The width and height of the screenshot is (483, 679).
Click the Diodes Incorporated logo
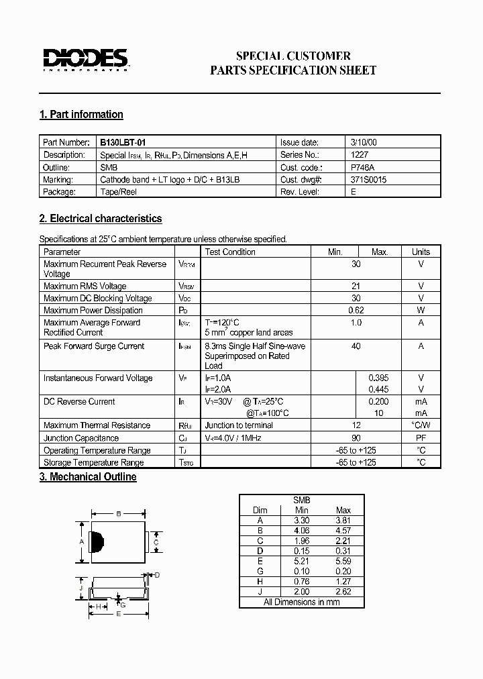tap(85, 60)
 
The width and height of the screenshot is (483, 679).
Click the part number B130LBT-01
tap(123, 142)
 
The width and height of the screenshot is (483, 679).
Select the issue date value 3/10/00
tap(364, 142)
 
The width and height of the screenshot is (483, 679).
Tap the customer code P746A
tap(363, 167)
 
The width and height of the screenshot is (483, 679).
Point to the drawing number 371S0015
tap(368, 179)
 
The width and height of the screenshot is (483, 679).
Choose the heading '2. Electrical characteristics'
tap(101, 219)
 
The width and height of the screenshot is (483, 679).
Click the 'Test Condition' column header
tap(230, 252)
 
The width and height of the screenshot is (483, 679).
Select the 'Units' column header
tap(421, 252)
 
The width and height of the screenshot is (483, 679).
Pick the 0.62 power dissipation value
tap(356, 310)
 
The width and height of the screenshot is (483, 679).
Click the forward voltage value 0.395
tap(379, 378)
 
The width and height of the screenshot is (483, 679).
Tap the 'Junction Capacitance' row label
tap(81, 437)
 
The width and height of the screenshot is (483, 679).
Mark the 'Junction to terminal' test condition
tap(239, 425)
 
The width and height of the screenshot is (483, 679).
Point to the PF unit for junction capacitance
tap(421, 437)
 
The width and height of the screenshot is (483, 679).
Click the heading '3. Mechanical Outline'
tap(88, 477)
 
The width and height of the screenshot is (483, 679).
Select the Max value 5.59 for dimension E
tap(343, 561)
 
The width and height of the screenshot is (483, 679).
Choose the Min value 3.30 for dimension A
tap(302, 520)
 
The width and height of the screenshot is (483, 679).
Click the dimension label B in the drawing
tap(118, 514)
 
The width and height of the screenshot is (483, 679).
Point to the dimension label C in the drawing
tap(156, 541)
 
